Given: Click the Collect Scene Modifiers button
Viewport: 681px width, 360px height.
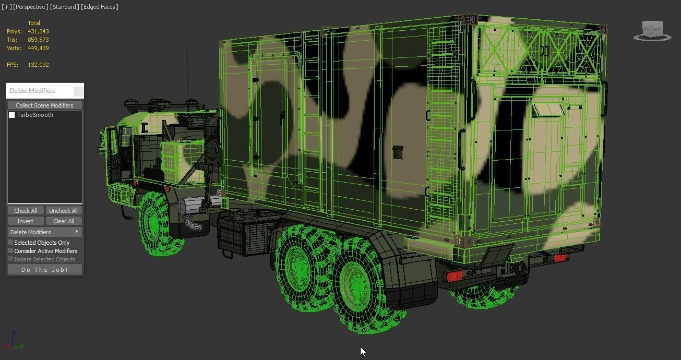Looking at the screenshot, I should (44, 105).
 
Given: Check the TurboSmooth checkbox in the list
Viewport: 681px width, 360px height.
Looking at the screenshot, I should (12, 115).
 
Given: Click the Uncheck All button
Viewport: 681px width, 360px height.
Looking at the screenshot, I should (63, 211).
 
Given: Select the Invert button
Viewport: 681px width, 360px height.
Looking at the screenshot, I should (25, 221).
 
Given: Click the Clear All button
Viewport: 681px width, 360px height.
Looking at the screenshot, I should (63, 221).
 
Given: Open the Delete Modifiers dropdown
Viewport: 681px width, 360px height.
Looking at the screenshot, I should (44, 232).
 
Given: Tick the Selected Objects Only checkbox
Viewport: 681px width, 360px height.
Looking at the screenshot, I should (10, 243).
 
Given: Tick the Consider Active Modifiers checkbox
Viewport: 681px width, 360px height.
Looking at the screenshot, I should (10, 251).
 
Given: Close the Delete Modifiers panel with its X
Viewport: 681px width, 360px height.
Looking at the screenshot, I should (78, 91).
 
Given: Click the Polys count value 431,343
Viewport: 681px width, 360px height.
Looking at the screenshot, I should (38, 31).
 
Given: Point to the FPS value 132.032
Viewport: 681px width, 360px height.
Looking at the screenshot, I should (38, 65).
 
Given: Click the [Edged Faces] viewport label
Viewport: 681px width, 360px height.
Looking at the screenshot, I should (100, 7).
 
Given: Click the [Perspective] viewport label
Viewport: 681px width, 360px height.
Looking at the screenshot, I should (31, 7).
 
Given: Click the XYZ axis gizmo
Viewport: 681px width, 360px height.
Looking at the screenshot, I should (13, 341).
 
